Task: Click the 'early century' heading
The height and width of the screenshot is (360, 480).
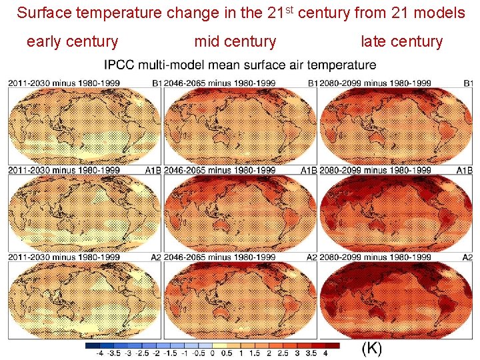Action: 72,42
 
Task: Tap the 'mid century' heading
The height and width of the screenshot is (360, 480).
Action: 235,42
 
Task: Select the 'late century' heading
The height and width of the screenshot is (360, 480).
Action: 401,42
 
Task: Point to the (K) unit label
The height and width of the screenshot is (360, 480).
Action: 371,348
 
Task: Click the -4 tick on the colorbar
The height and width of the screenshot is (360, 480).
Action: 99,354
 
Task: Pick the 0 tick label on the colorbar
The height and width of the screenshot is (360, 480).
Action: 212,354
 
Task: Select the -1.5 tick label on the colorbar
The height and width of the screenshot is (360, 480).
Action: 170,354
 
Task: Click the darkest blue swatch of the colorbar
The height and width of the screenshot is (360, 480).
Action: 93,345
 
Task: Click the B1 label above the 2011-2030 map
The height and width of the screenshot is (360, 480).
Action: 156,83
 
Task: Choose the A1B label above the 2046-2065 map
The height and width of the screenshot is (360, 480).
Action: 308,170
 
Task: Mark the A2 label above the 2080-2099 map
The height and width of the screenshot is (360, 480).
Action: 467,257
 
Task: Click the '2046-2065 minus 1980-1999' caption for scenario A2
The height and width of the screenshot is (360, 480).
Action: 219,257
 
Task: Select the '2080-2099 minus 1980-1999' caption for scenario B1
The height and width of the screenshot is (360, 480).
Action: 375,83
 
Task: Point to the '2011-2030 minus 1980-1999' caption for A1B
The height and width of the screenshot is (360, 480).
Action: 64,170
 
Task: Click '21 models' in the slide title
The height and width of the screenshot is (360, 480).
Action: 431,13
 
